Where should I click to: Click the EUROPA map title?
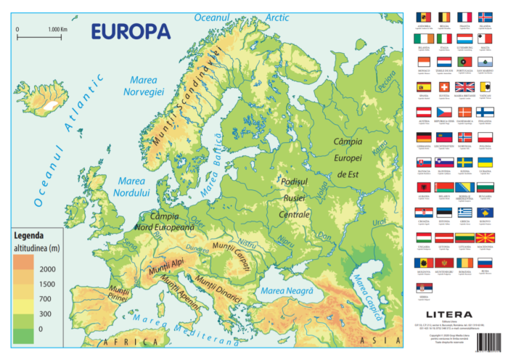[130, 31]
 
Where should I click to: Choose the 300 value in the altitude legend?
[46, 314]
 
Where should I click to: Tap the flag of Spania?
[423, 87]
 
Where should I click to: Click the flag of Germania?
[423, 136]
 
